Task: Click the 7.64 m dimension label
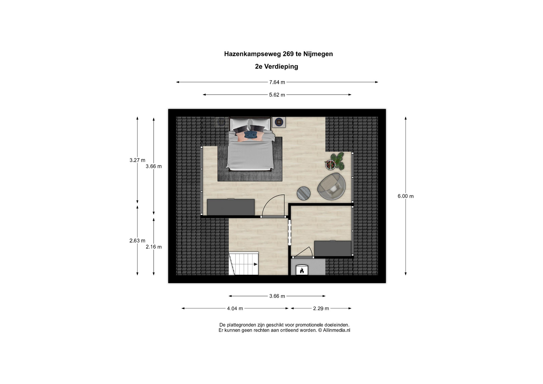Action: coord(277,82)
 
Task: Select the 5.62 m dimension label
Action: coord(277,95)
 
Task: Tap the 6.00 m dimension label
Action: coord(406,196)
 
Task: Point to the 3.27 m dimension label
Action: coord(137,160)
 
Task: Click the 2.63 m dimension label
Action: coord(137,241)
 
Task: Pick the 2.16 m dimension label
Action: coord(154,247)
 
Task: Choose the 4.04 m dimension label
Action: coord(235,309)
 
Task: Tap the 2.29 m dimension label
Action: coord(321,309)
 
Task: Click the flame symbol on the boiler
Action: coord(302,271)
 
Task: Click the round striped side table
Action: coord(303,194)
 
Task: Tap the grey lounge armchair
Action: coord(331,187)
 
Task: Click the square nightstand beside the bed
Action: coord(279,122)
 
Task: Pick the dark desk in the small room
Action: coord(333,249)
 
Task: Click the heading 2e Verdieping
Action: coord(277,66)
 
